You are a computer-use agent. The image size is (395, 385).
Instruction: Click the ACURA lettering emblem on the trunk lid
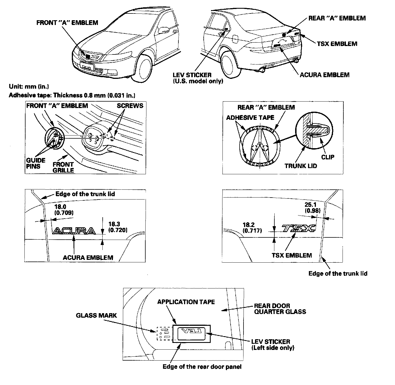click(x=74, y=231)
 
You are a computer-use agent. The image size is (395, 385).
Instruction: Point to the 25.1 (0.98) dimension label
click(x=312, y=208)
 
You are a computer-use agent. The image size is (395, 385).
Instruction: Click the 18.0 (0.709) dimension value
click(x=64, y=210)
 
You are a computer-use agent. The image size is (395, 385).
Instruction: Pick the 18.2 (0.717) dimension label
click(x=252, y=228)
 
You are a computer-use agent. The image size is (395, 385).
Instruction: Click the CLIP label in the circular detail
click(x=328, y=157)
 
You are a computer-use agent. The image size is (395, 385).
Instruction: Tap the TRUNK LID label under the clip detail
click(x=301, y=166)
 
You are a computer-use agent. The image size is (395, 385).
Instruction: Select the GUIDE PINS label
click(x=36, y=163)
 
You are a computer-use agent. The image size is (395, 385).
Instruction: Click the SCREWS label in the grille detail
click(x=130, y=106)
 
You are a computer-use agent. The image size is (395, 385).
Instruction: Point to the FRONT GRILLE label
click(x=63, y=167)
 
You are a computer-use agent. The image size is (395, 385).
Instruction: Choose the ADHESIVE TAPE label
click(x=250, y=118)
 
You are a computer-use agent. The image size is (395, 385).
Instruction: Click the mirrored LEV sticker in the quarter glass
click(x=191, y=333)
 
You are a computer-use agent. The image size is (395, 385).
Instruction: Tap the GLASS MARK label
click(x=96, y=315)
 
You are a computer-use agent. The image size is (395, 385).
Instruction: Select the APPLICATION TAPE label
click(x=186, y=302)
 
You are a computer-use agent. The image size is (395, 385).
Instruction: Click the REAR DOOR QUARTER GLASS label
click(x=280, y=309)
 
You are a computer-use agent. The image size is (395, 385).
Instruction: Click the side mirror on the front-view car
click(x=162, y=30)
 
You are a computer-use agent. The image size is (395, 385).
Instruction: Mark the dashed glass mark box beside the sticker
click(x=164, y=333)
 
